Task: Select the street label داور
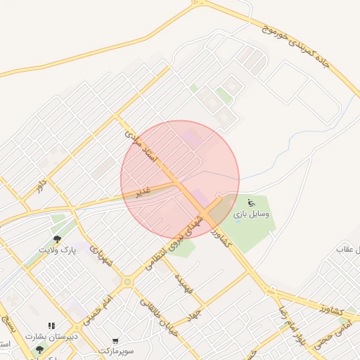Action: click(41, 186)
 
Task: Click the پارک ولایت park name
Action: click(56, 250)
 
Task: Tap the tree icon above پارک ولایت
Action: click(57, 239)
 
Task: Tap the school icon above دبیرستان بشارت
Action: click(51, 326)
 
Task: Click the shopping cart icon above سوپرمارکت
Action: click(115, 341)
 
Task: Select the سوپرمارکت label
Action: click(115, 350)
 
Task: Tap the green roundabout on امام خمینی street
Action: click(127, 283)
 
